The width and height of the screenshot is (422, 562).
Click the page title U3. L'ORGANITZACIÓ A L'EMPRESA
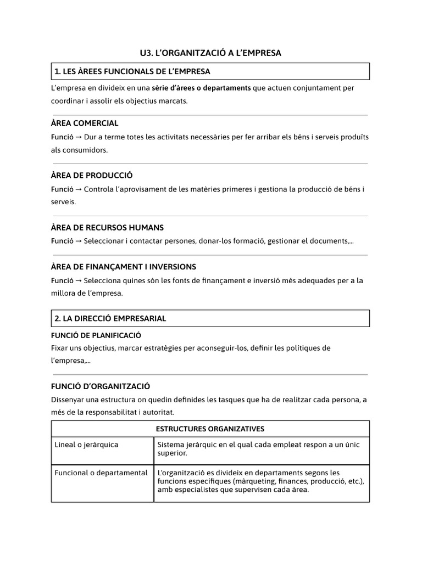(x=210, y=53)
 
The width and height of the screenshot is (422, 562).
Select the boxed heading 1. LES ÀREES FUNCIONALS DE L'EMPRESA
(x=132, y=71)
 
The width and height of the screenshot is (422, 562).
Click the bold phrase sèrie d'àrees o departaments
(x=201, y=88)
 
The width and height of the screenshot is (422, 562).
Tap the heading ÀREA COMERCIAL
(x=85, y=123)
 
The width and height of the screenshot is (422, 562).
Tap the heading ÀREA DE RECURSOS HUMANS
(x=107, y=227)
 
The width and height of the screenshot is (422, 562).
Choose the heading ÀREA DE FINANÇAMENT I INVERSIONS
(x=124, y=267)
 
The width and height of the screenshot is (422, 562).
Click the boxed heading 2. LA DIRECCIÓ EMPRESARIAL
(x=110, y=318)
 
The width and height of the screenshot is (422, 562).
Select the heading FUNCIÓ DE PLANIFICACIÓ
(x=96, y=335)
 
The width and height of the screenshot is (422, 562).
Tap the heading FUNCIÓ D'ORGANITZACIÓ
(x=101, y=386)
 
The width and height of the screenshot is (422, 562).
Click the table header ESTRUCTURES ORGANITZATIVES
(x=210, y=429)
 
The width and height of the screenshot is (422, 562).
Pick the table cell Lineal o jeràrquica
(x=86, y=445)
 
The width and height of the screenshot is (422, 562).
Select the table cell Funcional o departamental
(x=101, y=473)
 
